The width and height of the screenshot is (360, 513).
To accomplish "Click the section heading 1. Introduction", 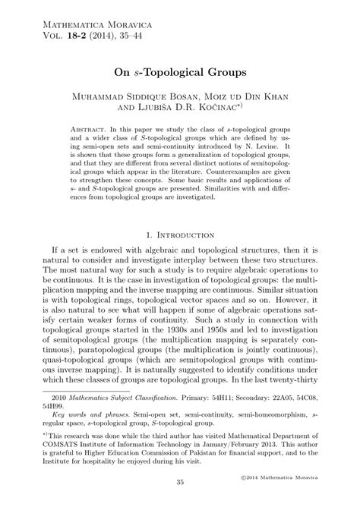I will click(x=180, y=235).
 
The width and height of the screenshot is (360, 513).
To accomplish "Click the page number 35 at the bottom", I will click(x=180, y=504).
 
